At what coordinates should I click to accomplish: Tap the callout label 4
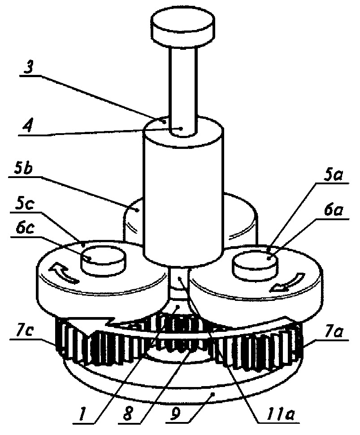coord(27,126)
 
